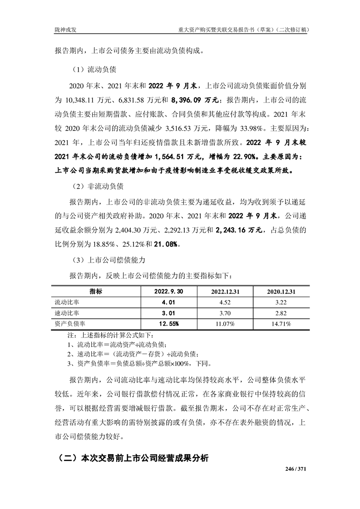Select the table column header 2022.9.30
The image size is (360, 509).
click(x=168, y=291)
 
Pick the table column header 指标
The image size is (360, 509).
click(x=96, y=291)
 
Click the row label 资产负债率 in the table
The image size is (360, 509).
click(x=69, y=323)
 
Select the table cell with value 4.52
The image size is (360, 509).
click(x=225, y=302)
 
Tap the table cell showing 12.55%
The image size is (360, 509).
click(x=168, y=323)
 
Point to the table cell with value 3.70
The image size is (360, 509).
click(x=225, y=313)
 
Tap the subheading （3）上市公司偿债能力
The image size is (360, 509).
click(x=108, y=260)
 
